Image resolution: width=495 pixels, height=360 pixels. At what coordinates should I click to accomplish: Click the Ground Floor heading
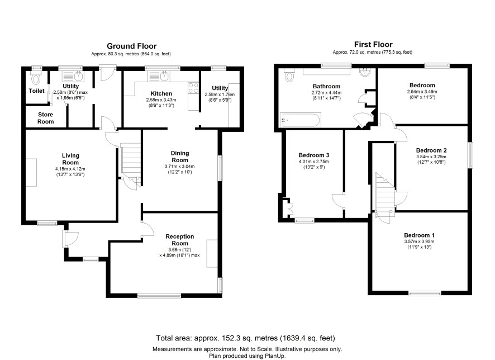coord(132,46)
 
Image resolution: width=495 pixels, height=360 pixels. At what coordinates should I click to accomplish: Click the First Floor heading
coord(373,45)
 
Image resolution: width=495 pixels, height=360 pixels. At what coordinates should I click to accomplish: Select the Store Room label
coord(45,118)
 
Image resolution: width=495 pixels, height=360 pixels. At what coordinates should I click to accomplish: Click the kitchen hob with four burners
coord(193,88)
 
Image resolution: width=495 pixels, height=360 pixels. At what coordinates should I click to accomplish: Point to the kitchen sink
coord(159,76)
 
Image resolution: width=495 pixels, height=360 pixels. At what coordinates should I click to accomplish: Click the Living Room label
coord(70,159)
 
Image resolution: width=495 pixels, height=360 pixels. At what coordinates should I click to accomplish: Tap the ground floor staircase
coord(131,164)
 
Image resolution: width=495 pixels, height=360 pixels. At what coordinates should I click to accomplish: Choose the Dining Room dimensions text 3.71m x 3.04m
coord(180,167)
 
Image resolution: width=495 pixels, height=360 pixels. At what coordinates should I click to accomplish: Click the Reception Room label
coord(180,240)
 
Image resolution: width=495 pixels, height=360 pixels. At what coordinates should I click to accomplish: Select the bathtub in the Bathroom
coord(300,120)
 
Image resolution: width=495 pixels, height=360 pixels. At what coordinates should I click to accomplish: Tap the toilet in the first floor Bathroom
coord(289,75)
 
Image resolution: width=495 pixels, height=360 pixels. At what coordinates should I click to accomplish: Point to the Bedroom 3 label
coord(314,155)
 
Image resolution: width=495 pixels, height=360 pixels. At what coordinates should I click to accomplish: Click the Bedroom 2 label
coord(431,150)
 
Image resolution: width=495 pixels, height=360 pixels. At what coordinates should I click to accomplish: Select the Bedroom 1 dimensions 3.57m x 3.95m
coord(419,241)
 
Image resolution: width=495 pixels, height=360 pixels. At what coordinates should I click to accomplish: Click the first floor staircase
coord(385,198)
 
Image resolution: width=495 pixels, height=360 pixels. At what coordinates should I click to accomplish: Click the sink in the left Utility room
coord(73,77)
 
